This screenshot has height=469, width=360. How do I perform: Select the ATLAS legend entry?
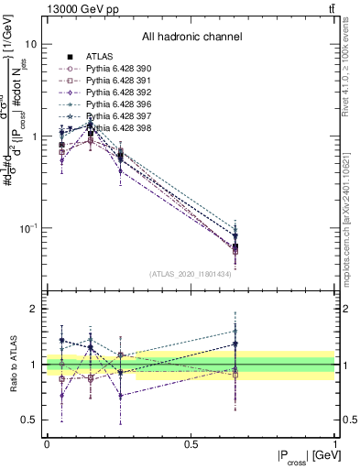tap(98, 57)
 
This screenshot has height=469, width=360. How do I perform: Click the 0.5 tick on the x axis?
tap(191, 444)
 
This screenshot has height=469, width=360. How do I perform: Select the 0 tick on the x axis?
tap(47, 444)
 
